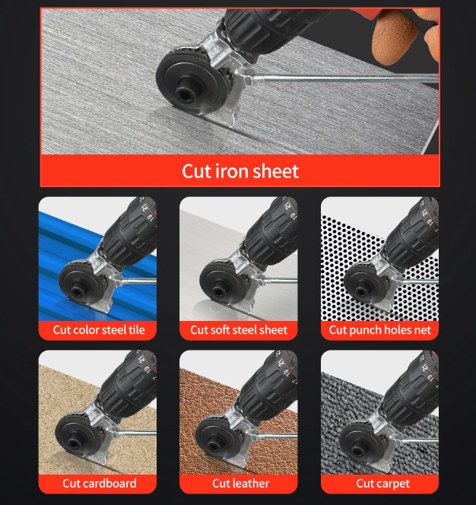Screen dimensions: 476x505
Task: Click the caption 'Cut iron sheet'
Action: point(240,171)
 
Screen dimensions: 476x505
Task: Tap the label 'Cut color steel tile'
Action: point(99,330)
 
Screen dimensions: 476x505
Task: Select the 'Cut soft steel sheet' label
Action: point(239,330)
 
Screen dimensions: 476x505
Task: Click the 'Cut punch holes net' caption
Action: point(379,330)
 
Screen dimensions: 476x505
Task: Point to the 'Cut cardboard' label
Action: point(100,484)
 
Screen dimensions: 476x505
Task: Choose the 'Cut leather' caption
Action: point(240,484)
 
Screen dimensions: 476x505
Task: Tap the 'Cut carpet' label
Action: point(383,484)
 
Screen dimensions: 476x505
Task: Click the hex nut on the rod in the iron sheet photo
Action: point(248,78)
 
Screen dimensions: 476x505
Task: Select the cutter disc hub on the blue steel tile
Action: point(78,291)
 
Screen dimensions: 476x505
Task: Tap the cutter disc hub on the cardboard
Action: point(74,445)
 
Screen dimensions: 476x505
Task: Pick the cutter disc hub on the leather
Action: point(214,446)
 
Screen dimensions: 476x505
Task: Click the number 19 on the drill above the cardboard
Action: point(147,369)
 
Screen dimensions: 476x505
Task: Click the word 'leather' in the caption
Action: point(251,484)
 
